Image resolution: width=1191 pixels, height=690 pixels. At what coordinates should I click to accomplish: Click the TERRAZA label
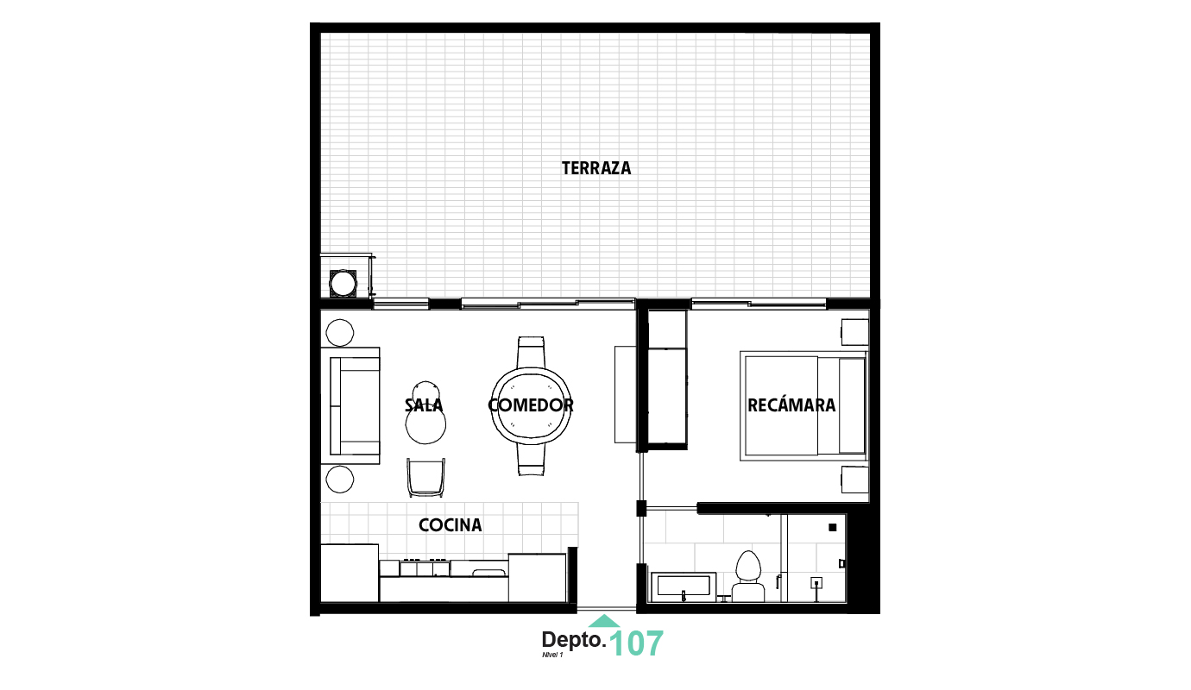click(596, 168)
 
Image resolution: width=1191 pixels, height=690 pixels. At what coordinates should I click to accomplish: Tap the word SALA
click(424, 405)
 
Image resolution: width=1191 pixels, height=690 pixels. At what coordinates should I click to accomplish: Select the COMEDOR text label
click(531, 405)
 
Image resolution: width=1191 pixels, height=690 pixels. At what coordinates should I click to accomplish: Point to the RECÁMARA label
click(791, 405)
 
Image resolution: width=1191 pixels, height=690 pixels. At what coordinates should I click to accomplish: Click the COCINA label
click(450, 524)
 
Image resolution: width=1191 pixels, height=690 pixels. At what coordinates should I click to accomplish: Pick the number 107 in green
click(637, 643)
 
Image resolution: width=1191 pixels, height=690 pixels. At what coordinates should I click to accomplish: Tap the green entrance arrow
click(604, 621)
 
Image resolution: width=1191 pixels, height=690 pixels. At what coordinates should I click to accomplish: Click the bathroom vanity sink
click(683, 586)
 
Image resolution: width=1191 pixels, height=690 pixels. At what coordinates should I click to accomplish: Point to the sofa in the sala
click(355, 405)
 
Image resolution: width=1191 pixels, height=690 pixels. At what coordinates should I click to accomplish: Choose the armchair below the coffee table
click(426, 477)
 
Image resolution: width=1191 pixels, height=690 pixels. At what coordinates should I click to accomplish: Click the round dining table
click(531, 405)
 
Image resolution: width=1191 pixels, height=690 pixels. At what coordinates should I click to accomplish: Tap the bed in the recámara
click(803, 405)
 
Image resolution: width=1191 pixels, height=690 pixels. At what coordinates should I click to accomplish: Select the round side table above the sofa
click(340, 332)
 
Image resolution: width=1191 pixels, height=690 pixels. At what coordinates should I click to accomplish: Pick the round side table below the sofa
click(340, 480)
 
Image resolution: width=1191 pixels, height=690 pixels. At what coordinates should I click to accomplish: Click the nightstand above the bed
click(854, 332)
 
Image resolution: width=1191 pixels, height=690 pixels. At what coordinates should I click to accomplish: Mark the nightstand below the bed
click(854, 480)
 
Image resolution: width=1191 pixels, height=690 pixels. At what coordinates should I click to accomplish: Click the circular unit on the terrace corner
click(343, 283)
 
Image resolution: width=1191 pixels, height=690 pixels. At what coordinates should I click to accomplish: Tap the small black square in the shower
click(833, 527)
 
